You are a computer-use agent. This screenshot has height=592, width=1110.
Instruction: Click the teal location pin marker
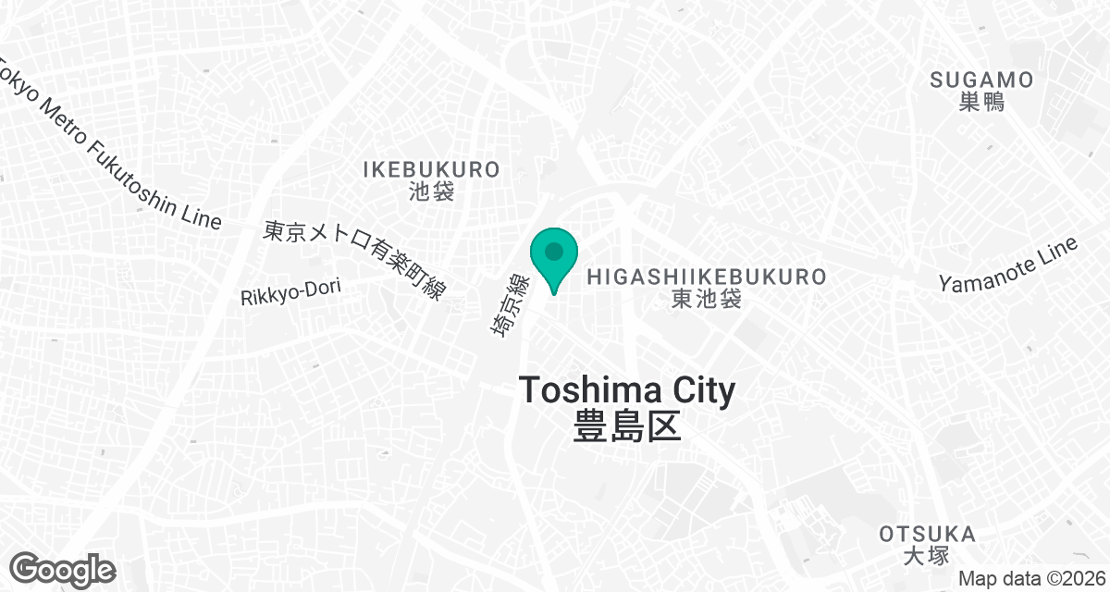[554, 254]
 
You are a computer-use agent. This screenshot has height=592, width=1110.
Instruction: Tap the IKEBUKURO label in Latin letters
[431, 169]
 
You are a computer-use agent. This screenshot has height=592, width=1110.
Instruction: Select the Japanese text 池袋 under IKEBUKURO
[431, 191]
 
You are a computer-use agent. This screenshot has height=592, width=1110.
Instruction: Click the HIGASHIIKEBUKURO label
[707, 276]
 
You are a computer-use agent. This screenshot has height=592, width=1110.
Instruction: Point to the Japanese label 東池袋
[707, 299]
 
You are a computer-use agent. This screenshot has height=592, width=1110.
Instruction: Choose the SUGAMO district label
[981, 80]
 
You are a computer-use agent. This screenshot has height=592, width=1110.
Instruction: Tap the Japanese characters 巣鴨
[981, 102]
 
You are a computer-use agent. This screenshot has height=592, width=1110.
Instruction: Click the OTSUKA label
[927, 534]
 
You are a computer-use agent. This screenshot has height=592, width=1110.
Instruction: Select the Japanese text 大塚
[927, 556]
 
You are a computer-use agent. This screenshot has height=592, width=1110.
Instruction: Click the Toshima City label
[627, 389]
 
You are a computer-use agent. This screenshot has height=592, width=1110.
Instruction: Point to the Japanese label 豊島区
[627, 426]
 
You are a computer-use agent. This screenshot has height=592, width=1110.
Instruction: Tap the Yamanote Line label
[1008, 265]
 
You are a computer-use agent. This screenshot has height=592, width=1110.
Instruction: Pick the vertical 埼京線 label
[509, 304]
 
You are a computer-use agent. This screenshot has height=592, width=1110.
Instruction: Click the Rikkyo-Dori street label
[290, 292]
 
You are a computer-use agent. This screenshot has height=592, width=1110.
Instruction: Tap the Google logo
[63, 569]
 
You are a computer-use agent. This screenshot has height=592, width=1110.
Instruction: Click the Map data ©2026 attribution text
[1030, 578]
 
